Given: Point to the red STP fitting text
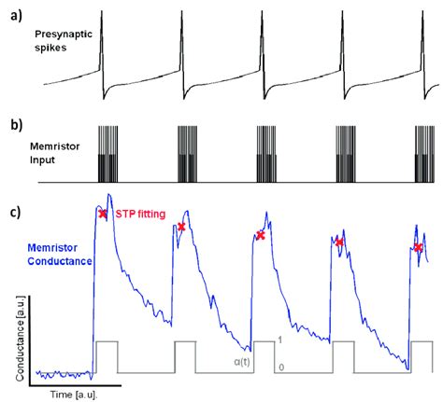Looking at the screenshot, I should coord(139,215).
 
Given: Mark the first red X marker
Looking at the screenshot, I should coord(103,214).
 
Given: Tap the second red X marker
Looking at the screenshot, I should coord(181,227).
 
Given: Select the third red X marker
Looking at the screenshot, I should coord(261,236).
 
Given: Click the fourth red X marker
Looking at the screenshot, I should coord(339,243).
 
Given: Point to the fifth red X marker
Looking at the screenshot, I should coord(418,247).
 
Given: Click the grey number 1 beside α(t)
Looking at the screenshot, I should coord(280,341).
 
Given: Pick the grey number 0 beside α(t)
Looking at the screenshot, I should coord(280,368).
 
